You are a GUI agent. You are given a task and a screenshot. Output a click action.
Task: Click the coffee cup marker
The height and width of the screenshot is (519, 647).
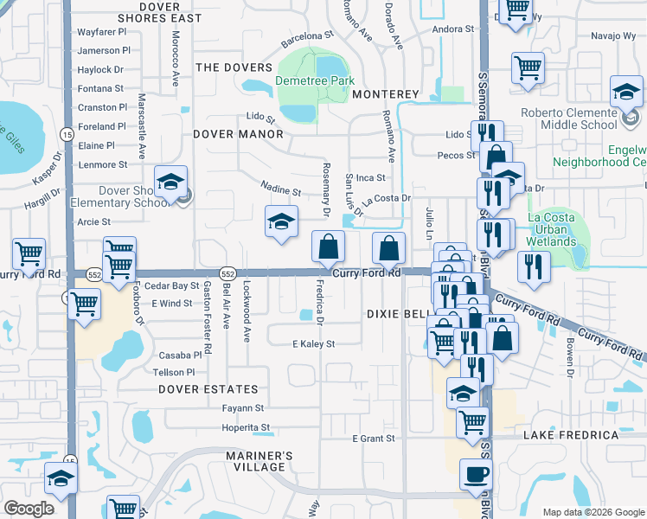click(x=476, y=474)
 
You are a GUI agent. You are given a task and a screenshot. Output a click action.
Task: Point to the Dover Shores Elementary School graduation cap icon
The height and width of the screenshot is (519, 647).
click(x=171, y=183)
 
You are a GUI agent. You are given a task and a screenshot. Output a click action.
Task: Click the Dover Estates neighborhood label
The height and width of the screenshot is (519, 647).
click(x=208, y=389)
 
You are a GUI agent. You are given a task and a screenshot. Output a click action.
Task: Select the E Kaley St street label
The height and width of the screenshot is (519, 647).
click(x=313, y=344)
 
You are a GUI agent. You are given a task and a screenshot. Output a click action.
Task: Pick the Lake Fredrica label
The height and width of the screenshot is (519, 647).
click(x=582, y=435)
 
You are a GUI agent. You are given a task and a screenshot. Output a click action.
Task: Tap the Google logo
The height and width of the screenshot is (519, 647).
click(x=29, y=509)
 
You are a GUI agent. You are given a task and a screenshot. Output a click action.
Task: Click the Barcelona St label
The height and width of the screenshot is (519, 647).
click(x=306, y=36)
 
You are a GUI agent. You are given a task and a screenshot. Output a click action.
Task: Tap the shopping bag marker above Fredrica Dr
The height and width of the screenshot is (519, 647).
click(x=328, y=248)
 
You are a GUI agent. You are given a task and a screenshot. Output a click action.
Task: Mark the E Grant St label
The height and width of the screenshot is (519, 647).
click(x=373, y=439)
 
